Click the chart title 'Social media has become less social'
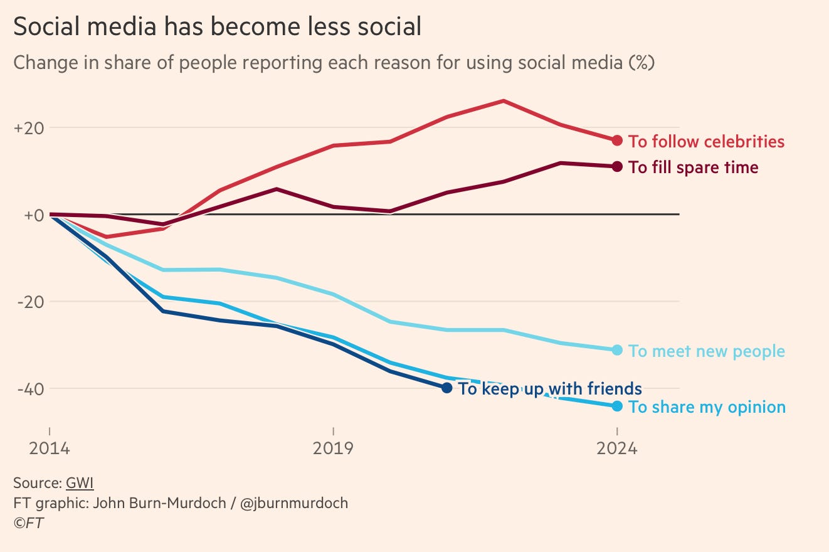coord(217,27)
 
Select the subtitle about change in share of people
coord(334,63)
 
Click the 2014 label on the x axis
coord(49,449)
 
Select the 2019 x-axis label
coord(333,449)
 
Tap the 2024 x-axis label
coord(617,449)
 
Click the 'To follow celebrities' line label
coord(706,142)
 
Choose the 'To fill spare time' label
coord(693,167)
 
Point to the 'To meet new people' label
coord(706,351)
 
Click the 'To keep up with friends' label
coord(550,389)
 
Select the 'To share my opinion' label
coord(707,407)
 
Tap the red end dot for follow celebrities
coord(617,141)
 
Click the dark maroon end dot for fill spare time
coord(617,166)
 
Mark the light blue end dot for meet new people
coord(617,350)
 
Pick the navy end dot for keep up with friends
coord(446,388)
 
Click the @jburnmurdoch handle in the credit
coord(294,503)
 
